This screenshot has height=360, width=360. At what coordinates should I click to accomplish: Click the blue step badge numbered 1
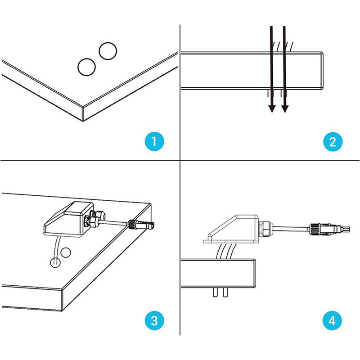154,141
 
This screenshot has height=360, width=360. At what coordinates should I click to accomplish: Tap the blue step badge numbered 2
333,141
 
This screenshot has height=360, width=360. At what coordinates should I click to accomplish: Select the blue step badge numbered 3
154,320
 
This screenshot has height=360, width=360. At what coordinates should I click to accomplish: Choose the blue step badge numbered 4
332,320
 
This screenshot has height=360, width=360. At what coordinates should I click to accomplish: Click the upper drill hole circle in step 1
108,51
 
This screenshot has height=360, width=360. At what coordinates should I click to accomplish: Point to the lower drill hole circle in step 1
86,67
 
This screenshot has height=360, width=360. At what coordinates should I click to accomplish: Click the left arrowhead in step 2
272,109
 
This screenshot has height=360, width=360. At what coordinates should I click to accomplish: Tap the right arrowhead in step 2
285,109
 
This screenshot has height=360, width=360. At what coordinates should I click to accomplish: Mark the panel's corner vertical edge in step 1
83,114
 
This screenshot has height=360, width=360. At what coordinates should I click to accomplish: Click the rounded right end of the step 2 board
322,70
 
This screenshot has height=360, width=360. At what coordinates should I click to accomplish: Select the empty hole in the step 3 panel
66,252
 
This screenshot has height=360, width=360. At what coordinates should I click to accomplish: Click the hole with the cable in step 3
55,262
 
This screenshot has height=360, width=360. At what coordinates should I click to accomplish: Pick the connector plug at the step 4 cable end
329,229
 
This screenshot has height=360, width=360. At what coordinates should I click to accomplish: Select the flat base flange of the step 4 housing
231,242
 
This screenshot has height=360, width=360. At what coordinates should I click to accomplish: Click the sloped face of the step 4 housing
223,227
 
